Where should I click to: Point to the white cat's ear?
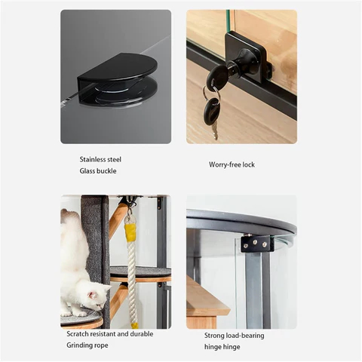(92, 294)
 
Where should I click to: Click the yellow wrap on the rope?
(130, 233)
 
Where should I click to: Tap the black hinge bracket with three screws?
(257, 244)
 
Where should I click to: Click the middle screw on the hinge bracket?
(255, 242)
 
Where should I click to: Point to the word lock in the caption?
(249, 164)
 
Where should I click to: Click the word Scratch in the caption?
(77, 334)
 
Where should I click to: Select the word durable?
(142, 334)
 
